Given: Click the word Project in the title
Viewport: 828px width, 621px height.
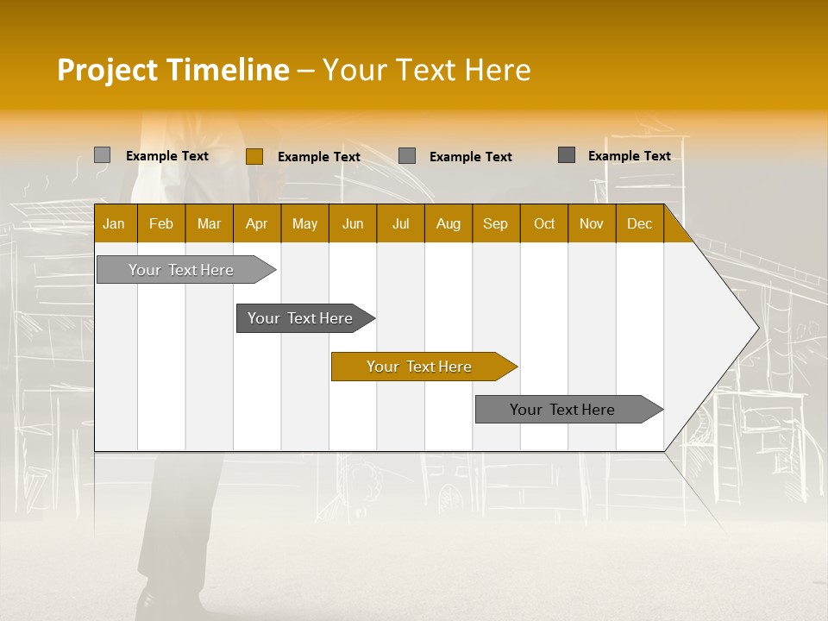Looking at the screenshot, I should [x=108, y=70].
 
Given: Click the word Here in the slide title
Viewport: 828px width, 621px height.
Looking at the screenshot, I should [x=498, y=70].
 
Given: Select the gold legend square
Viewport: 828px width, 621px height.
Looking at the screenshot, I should [x=254, y=156].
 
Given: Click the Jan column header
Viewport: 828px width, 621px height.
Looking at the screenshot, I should [x=114, y=223].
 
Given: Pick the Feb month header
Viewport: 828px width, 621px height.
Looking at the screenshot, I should [x=161, y=223].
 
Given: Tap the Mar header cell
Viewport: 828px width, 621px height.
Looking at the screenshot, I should [x=209, y=223].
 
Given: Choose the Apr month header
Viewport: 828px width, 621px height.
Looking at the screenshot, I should [x=257, y=223].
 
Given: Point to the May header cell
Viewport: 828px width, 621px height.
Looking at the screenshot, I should [x=304, y=223].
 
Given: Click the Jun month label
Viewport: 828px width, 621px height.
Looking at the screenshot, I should [x=353, y=223].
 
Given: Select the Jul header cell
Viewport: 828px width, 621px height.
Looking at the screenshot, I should [x=400, y=223].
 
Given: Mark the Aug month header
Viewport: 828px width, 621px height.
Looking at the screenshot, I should [x=448, y=223].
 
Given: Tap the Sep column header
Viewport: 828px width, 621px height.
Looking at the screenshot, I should [x=496, y=223].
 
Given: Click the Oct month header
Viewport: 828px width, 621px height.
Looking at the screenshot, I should [x=544, y=223].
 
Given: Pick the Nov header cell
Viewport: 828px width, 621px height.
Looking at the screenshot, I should [x=592, y=223].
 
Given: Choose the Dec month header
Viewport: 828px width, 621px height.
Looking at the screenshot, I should [x=640, y=223].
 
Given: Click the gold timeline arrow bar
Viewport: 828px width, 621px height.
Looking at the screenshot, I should [x=420, y=367].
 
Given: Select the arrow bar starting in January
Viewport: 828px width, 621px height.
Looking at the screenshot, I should [x=182, y=270].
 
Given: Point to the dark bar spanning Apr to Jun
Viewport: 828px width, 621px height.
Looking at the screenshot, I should [x=301, y=318].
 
